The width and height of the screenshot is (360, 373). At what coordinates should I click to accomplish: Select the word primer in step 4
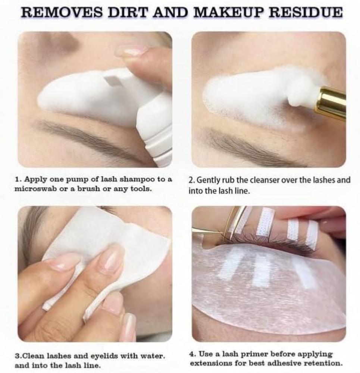[x=244, y=354]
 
